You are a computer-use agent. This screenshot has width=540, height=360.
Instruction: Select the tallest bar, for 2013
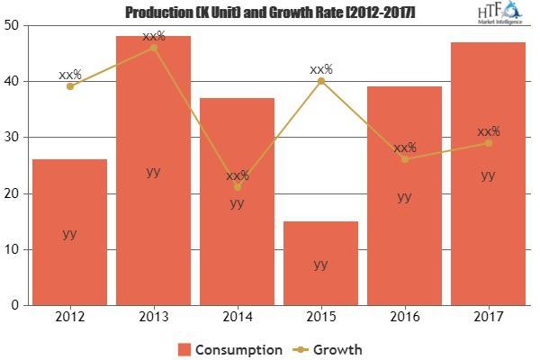pos(153,171)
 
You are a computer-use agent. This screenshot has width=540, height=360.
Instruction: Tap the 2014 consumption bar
pos(237,202)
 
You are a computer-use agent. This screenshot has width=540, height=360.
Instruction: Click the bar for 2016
pos(404,196)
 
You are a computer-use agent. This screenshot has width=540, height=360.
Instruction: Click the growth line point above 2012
pos(70,86)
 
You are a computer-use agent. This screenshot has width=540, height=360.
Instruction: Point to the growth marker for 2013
pos(153,47)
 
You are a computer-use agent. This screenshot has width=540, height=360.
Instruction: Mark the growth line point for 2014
pos(237,187)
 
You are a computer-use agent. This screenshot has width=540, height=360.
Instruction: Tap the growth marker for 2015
pos(320,81)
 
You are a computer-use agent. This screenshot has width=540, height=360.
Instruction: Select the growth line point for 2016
pos(404,159)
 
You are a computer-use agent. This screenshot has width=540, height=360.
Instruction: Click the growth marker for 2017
pos(488,143)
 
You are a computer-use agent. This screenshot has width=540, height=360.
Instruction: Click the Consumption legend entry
pos(229,349)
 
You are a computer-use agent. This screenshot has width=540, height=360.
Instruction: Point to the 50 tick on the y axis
pos(13,25)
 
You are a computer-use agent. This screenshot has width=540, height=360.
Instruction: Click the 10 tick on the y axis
pos(13,249)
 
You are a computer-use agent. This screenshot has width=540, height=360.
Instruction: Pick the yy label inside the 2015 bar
pos(320,264)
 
